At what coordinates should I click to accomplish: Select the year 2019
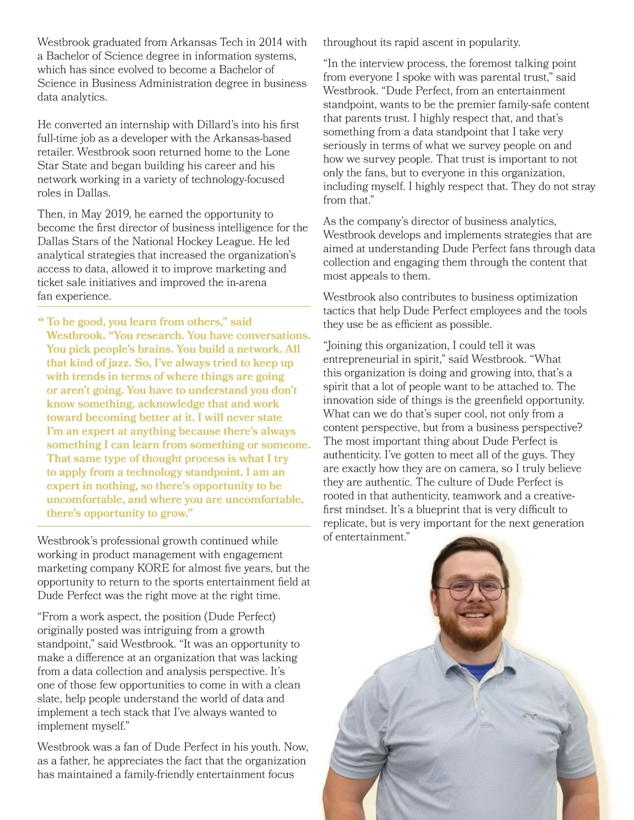coord(116,214)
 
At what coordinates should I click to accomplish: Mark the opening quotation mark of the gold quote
coord(41,321)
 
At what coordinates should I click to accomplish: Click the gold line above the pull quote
coord(174,306)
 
